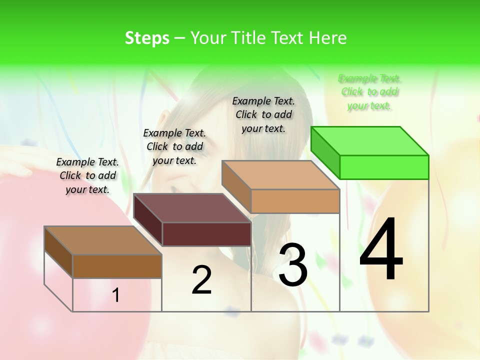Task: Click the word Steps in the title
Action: point(147,38)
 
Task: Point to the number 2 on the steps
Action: point(201,279)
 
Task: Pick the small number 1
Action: point(116,295)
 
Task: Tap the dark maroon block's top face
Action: point(192,207)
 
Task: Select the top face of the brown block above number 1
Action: point(103,240)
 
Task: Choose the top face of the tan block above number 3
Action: point(281,175)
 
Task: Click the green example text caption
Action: point(369,92)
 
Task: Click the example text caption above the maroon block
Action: point(174,146)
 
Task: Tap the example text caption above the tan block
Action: point(263,114)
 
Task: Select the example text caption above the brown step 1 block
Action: point(87,175)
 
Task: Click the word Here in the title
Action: point(327,38)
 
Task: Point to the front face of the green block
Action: point(384,167)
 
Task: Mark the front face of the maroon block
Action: point(206,234)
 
